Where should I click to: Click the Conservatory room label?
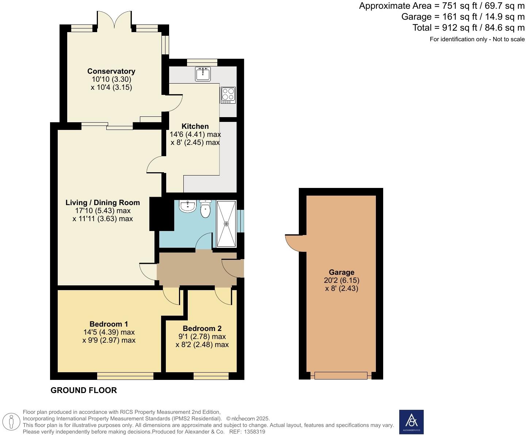point(111,71)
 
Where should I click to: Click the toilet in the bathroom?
point(206,209)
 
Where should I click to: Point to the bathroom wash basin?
point(188,206)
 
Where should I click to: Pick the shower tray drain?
point(226,224)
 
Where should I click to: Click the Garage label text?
point(342,272)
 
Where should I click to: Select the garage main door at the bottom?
point(341,376)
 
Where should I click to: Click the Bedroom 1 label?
point(109,324)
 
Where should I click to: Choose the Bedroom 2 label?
point(202,328)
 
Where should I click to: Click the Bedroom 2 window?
point(211,376)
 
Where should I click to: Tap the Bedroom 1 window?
point(125,376)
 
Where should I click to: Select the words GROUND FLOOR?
point(84,390)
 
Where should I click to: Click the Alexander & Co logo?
point(411,422)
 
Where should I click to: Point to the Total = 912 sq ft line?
point(468,28)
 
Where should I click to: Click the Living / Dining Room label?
point(103,203)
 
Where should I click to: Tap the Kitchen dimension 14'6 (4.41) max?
point(195,134)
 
